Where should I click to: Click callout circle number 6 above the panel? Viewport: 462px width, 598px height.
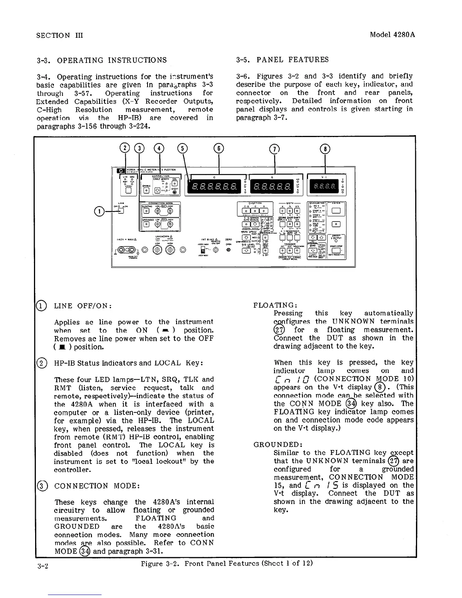(219, 148)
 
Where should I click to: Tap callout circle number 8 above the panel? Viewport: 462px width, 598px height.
(325, 149)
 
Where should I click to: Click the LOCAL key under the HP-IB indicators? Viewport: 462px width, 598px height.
(128, 190)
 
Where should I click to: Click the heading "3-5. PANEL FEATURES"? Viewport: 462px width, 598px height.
(282, 60)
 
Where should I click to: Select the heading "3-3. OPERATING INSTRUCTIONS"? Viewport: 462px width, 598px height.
(102, 60)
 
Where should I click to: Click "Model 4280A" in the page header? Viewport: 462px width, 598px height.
(392, 35)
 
